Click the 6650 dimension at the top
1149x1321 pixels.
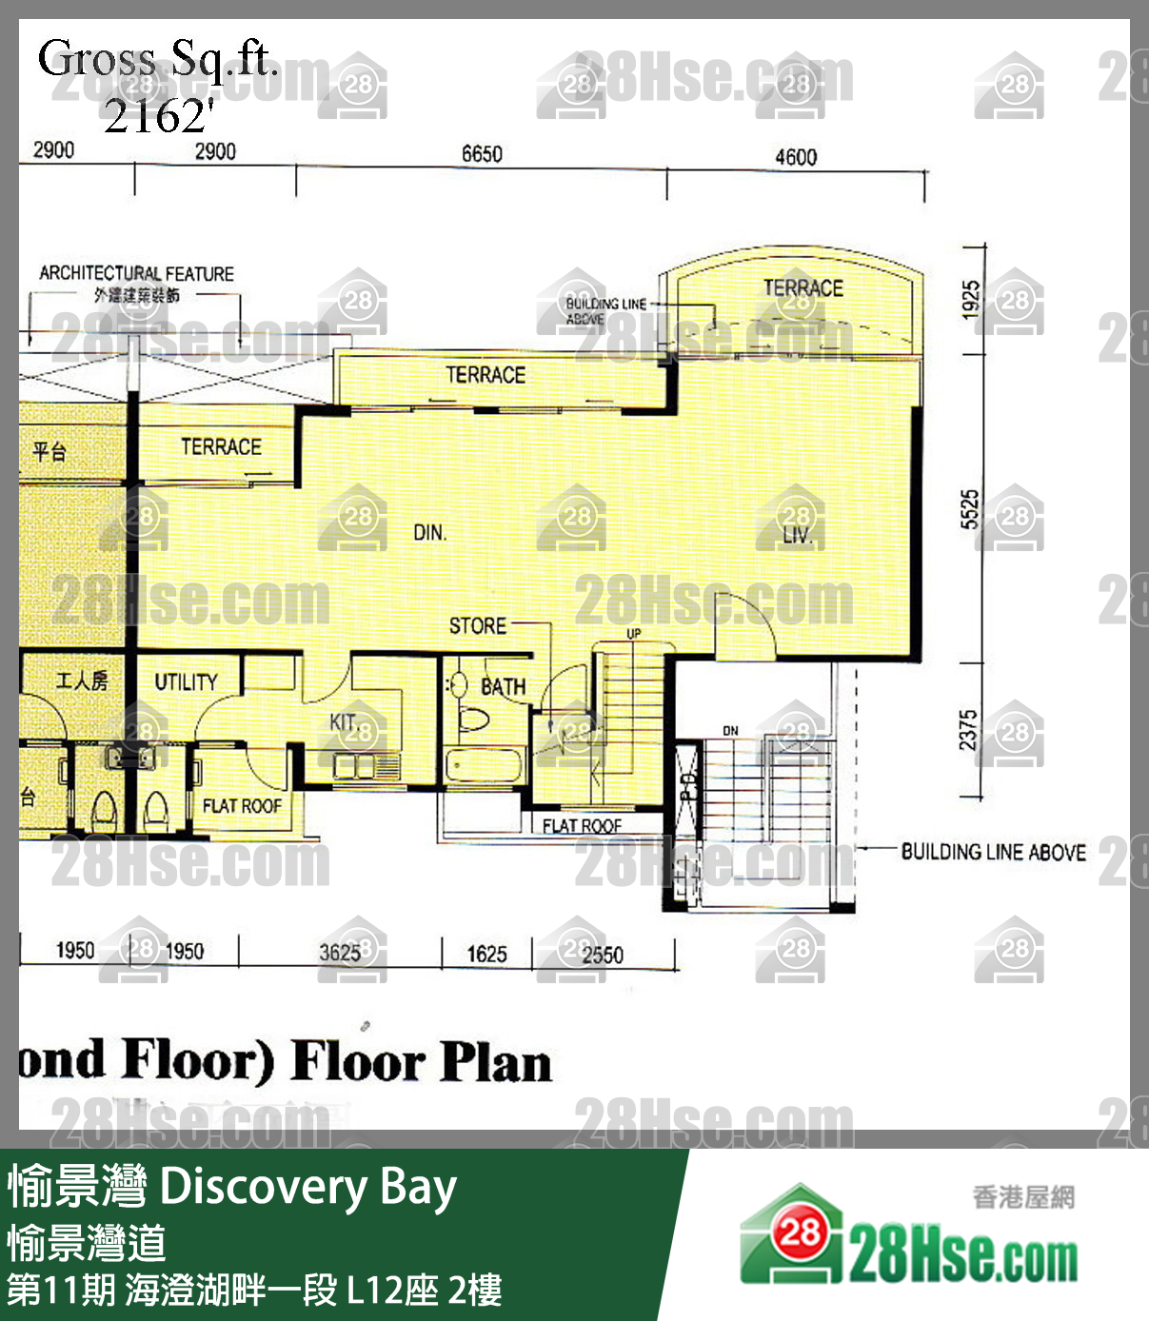click(482, 154)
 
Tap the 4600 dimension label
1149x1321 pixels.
click(796, 157)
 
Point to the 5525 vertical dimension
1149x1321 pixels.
click(969, 509)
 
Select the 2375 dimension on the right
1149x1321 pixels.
click(968, 730)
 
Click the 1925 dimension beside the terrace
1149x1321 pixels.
click(970, 300)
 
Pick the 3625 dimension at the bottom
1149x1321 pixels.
click(340, 953)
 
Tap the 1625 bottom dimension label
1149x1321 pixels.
click(486, 954)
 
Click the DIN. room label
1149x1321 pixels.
click(429, 533)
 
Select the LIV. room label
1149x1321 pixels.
click(798, 536)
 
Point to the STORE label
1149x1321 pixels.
click(478, 625)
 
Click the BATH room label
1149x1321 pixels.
click(503, 686)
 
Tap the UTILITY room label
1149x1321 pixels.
click(187, 681)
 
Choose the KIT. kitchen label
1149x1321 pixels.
click(344, 722)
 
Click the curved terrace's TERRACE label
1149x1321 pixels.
click(802, 287)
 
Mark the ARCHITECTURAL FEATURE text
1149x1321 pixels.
click(136, 273)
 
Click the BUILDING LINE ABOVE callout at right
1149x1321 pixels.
click(993, 852)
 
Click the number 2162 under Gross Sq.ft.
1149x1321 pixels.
click(157, 116)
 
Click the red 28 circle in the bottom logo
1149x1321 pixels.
click(801, 1233)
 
